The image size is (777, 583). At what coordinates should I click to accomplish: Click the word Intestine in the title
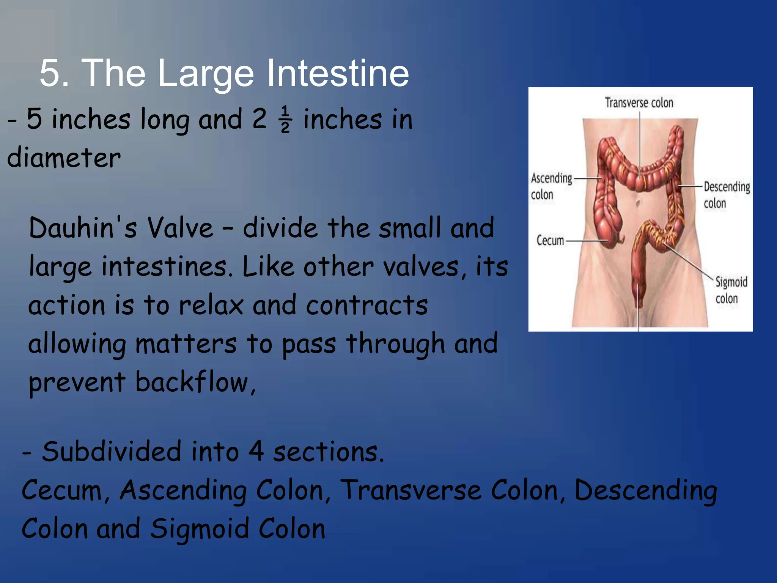pos(338,73)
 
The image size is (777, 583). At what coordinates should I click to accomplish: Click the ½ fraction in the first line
pos(286,120)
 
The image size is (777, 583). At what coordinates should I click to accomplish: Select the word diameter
pos(64,158)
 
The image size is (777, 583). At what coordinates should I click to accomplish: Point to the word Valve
pos(180,228)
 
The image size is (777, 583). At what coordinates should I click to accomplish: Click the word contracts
pos(366,305)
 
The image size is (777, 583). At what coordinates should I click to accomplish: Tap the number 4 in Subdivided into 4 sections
pos(256,452)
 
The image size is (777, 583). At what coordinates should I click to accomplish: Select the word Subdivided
pos(112,452)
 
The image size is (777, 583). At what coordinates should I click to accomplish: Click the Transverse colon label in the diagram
pos(639,103)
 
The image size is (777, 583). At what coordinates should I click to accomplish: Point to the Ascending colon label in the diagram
pos(551,186)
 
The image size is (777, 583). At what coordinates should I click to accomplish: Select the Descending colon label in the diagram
pos(726,195)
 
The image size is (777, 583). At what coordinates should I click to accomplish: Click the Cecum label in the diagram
pos(550,240)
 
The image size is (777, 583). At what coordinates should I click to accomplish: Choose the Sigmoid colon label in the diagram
pos(731,290)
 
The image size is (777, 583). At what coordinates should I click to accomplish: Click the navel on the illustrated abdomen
pos(639,203)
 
